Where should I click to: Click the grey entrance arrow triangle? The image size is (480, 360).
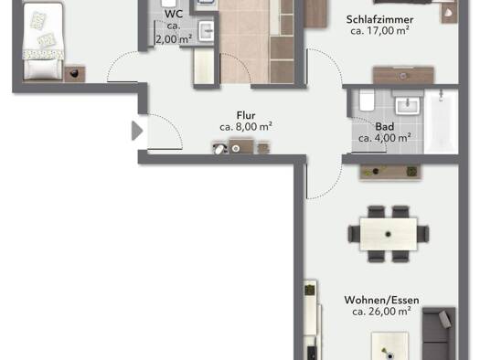(x=136, y=131)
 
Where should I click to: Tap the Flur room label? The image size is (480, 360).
(x=246, y=116)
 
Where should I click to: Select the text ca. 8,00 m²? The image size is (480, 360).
(x=246, y=127)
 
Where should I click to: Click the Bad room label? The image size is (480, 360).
(x=385, y=127)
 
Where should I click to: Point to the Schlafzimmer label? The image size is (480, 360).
(x=379, y=19)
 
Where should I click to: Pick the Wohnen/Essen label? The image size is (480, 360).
(x=381, y=300)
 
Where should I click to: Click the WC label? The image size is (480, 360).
(x=174, y=14)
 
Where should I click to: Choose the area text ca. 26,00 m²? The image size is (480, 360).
(x=381, y=312)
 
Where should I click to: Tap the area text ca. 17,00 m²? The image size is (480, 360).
(x=379, y=30)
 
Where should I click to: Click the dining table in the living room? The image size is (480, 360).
(x=389, y=234)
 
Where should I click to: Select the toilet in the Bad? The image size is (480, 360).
(x=367, y=100)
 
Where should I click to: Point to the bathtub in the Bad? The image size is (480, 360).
(x=441, y=122)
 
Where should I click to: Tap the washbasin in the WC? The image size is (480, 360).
(x=207, y=31)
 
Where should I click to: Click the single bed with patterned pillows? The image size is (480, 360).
(x=43, y=42)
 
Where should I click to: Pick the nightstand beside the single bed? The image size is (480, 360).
(x=74, y=74)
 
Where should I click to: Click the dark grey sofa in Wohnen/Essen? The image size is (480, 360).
(x=439, y=334)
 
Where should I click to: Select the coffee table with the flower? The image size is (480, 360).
(x=389, y=346)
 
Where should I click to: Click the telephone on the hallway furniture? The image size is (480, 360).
(x=219, y=148)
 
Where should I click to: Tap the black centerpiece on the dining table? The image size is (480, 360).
(x=389, y=234)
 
